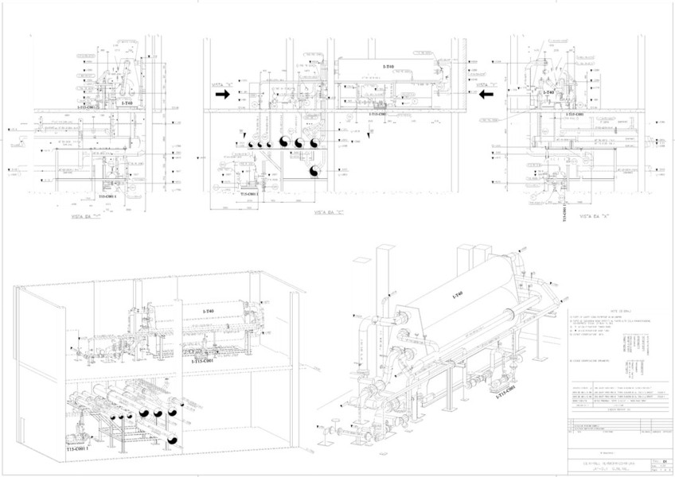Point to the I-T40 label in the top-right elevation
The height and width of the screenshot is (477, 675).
click(x=548, y=93)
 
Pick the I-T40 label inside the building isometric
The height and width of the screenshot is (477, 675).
click(x=208, y=310)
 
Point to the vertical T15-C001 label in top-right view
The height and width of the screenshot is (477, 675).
click(x=566, y=211)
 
